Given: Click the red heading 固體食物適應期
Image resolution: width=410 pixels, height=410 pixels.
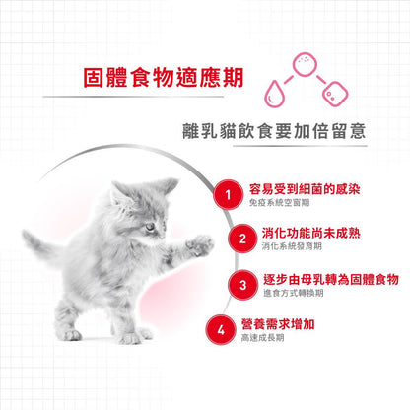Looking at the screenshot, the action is click(164, 78).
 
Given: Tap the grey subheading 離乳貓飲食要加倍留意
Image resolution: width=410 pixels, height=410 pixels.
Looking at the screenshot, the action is click(274, 131).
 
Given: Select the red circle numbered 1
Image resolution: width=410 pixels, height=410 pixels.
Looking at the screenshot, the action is click(228, 195).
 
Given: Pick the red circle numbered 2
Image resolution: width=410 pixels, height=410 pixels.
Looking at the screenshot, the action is click(242, 239).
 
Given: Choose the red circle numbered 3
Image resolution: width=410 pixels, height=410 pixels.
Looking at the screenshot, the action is click(242, 285).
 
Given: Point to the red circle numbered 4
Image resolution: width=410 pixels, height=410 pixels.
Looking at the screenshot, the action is click(221, 330).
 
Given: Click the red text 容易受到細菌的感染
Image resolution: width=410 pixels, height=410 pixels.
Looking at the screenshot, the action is click(305, 189).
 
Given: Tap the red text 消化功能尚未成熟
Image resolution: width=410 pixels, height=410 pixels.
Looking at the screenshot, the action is click(311, 233).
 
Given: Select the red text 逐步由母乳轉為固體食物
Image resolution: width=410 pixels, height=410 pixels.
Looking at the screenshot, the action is click(331, 279).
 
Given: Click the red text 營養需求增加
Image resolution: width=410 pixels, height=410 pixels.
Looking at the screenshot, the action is click(278, 324).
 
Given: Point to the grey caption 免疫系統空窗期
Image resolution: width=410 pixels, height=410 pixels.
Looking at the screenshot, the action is click(279, 203).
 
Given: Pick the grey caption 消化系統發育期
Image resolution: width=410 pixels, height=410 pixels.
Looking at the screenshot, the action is click(292, 246).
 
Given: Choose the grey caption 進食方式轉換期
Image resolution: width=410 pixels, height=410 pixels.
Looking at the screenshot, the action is click(294, 293).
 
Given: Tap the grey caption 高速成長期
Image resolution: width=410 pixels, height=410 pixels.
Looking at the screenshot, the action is click(262, 338).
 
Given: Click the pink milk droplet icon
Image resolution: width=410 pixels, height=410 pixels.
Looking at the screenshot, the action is click(274, 94).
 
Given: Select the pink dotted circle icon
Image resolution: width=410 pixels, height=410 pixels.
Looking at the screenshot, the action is click(306, 64).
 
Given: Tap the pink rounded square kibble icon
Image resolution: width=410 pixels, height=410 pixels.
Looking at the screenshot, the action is click(335, 94).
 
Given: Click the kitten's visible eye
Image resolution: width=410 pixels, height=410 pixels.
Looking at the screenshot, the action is click(150, 227).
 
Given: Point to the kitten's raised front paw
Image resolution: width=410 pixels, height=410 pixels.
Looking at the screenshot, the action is click(200, 245).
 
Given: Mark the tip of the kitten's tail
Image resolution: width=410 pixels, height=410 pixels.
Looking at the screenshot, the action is click(25, 234).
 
